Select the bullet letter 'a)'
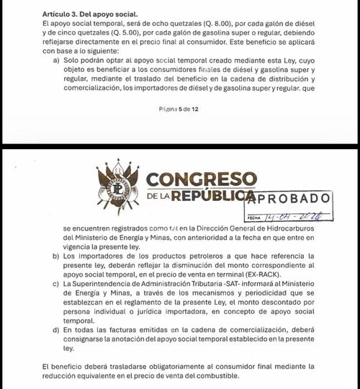[56, 61]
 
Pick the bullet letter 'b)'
[56, 256]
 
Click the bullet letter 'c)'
[56, 285]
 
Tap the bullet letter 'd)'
[56, 331]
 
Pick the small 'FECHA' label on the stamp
[253, 216]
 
